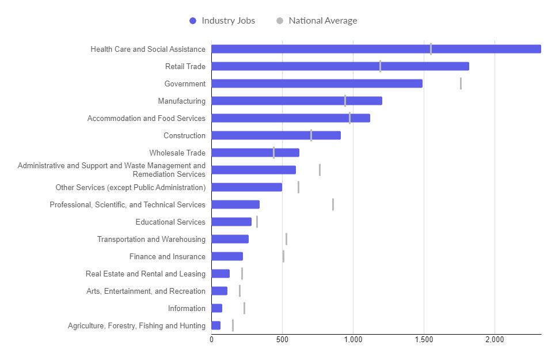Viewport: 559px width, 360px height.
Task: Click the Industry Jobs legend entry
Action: click(x=222, y=21)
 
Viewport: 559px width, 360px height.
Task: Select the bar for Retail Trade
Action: click(x=340, y=66)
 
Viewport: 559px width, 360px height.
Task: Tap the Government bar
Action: click(x=317, y=84)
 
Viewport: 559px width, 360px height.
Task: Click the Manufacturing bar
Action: click(x=296, y=101)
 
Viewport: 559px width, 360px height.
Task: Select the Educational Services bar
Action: click(x=231, y=222)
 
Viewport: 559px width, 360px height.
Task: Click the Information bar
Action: click(x=216, y=308)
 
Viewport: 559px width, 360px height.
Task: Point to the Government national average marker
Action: click(x=461, y=84)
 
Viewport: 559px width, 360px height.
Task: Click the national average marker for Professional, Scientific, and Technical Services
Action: click(x=333, y=204)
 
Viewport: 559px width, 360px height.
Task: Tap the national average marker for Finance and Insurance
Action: click(x=283, y=256)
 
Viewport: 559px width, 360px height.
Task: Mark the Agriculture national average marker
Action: click(x=233, y=325)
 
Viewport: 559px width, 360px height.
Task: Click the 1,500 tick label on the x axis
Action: click(x=424, y=340)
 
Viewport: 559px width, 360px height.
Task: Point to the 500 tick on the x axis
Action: click(x=282, y=340)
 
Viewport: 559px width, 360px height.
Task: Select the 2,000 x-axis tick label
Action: click(x=495, y=340)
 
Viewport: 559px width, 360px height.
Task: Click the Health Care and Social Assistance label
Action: click(x=148, y=49)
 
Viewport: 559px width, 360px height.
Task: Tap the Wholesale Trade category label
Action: click(x=177, y=153)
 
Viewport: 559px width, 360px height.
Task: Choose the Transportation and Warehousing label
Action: click(x=151, y=239)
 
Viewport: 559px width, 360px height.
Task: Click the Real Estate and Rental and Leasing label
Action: click(x=145, y=274)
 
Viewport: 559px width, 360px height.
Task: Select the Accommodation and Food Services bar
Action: click(x=290, y=118)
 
